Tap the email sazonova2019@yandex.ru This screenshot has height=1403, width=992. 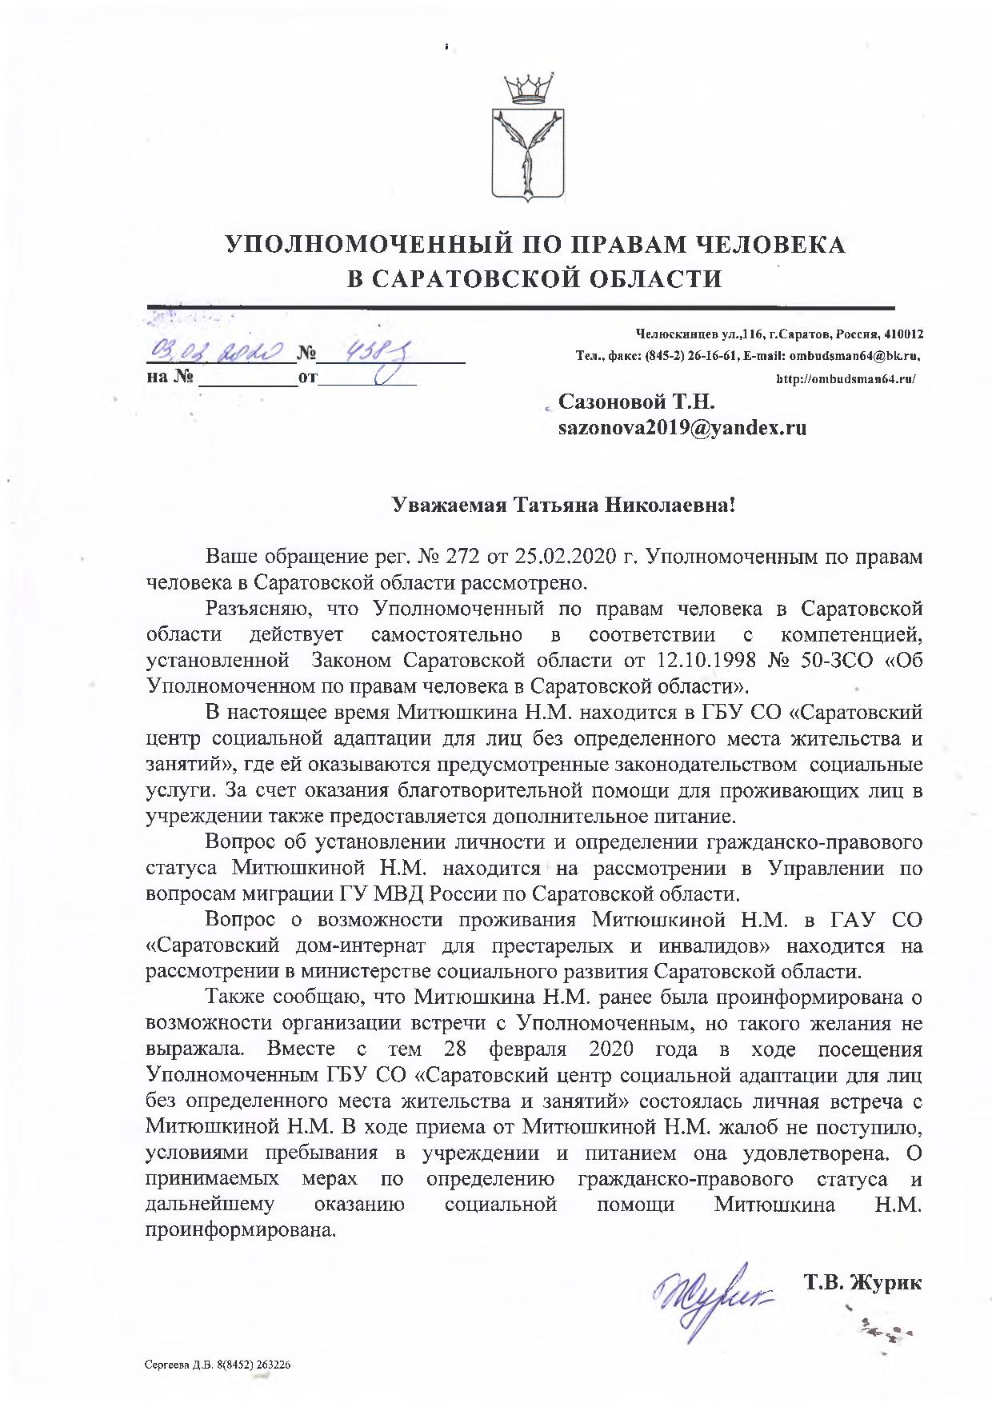click(x=682, y=428)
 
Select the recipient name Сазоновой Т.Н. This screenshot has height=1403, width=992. click(x=636, y=401)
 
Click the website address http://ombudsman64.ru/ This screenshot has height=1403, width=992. click(x=846, y=379)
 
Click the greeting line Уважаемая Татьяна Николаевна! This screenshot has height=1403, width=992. click(x=562, y=506)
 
